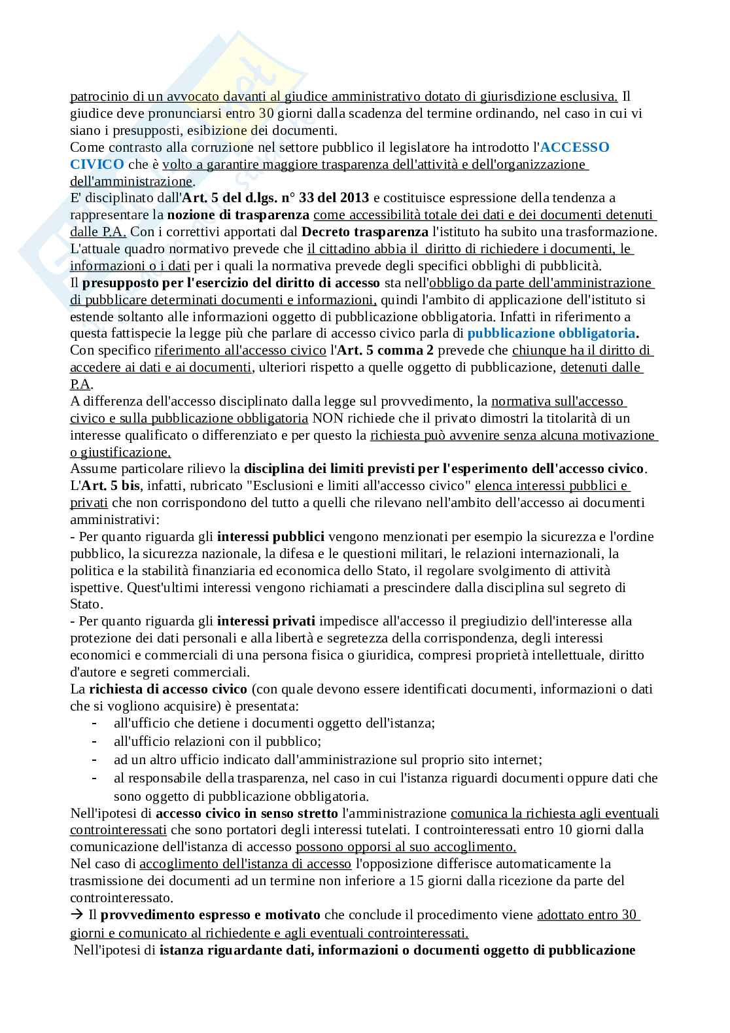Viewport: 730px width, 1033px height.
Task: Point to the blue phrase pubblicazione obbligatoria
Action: pyautogui.click(x=551, y=333)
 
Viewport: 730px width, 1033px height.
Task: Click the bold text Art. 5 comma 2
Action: pyautogui.click(x=386, y=350)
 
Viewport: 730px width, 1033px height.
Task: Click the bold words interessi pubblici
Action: pyautogui.click(x=270, y=536)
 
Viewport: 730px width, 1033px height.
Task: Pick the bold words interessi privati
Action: pyautogui.click(x=266, y=620)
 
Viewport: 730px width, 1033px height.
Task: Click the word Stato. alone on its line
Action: pyautogui.click(x=86, y=604)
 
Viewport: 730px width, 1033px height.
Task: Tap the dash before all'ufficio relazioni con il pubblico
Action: pyautogui.click(x=96, y=741)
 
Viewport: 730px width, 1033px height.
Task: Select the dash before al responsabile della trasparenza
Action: pyautogui.click(x=96, y=778)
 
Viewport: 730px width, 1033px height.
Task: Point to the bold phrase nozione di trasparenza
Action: pyautogui.click(x=238, y=215)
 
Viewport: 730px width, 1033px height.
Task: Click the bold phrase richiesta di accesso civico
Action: pyautogui.click(x=168, y=689)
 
